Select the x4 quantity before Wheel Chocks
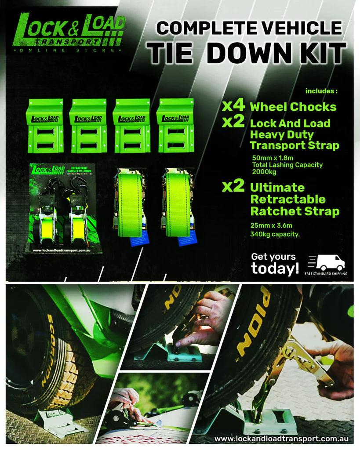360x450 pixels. [x=233, y=106]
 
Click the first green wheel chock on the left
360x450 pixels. [x=44, y=125]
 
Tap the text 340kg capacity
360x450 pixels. [x=275, y=234]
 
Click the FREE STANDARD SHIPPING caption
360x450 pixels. [x=326, y=274]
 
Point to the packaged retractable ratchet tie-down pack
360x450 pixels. [x=65, y=208]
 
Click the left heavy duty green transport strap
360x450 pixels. [x=130, y=204]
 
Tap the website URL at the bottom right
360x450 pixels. [x=281, y=439]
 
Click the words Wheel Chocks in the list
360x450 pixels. [x=293, y=107]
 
